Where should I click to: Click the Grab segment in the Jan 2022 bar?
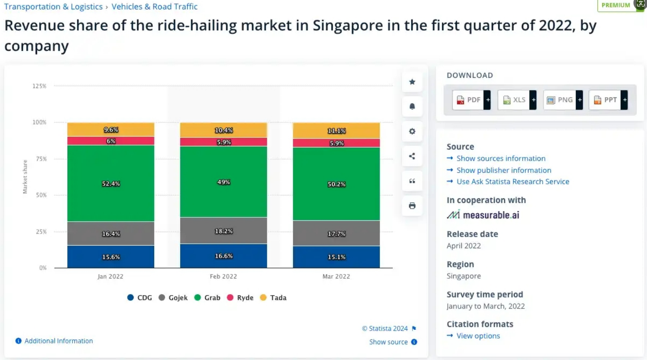111,183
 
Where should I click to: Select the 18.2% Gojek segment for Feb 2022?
223,231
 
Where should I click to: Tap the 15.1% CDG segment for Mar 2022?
336,257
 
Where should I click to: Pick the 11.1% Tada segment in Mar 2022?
336,130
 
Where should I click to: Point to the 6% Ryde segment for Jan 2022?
111,141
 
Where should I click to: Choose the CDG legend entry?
140,297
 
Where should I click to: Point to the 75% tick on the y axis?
41,159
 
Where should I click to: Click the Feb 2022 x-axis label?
223,276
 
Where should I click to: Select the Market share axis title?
25,177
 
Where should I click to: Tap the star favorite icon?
412,82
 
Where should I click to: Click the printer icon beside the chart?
412,206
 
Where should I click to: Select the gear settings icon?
412,131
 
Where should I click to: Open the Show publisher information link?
504,170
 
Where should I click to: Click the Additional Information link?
58,341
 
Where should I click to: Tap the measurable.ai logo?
483,215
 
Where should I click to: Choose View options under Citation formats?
478,336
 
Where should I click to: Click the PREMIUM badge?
616,6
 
